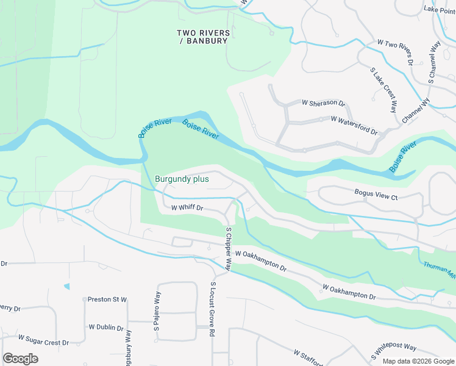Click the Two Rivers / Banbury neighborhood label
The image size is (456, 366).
[204, 37]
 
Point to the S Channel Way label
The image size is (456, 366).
[434, 62]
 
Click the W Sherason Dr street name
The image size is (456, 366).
[323, 104]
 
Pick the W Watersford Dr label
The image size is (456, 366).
[354, 124]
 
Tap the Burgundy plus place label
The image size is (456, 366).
[182, 179]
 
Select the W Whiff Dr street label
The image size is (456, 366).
[187, 208]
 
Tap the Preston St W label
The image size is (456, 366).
[107, 300]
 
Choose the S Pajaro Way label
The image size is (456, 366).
[157, 312]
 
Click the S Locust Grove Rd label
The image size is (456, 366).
[213, 309]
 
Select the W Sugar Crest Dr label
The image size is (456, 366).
[43, 340]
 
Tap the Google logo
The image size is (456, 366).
[20, 359]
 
